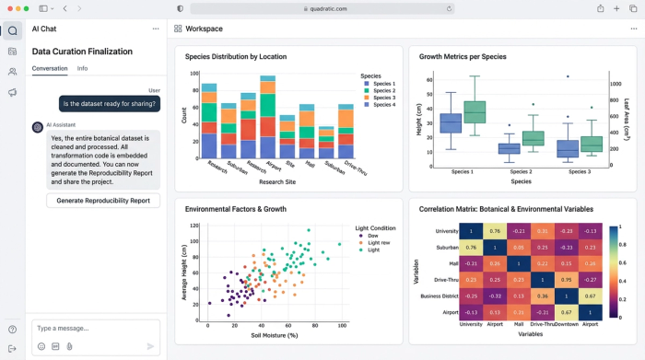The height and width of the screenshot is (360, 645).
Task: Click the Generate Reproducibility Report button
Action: (x=103, y=201)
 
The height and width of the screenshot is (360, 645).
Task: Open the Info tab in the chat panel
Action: (x=82, y=68)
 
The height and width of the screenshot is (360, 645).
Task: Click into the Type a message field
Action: (x=88, y=328)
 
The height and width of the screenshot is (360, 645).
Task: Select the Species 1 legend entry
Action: (x=379, y=84)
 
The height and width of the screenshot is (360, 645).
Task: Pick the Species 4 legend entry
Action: (x=379, y=104)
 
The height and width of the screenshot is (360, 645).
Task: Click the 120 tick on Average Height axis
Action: (x=194, y=226)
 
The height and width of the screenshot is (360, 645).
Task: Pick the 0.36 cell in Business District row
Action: (x=545, y=296)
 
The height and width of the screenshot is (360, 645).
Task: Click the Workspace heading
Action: (x=204, y=29)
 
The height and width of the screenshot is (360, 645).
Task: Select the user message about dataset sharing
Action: (x=111, y=104)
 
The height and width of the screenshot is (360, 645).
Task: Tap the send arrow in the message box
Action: (x=150, y=346)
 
